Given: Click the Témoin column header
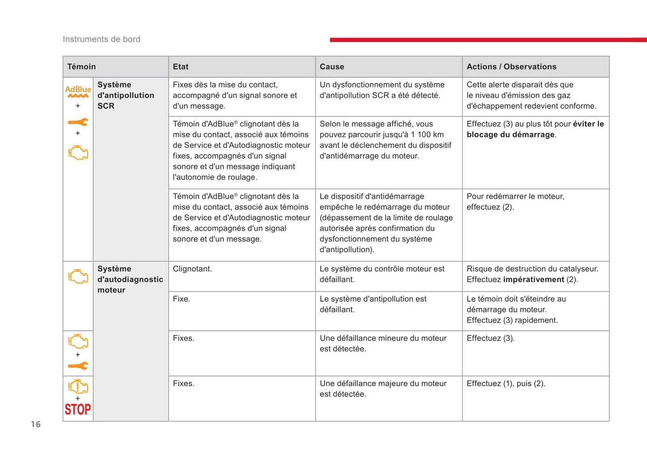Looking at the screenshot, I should tap(81, 67).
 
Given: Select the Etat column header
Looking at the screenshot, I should tap(180, 67).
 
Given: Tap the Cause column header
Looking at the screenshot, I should tap(332, 67).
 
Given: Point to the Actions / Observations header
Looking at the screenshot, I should tap(511, 67).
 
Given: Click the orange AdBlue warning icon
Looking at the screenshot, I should tap(78, 91).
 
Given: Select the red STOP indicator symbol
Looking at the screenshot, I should tap(78, 409).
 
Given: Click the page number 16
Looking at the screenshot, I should tap(36, 424).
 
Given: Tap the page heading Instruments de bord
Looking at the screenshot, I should tap(102, 39).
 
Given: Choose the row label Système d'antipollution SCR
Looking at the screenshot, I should tap(125, 95).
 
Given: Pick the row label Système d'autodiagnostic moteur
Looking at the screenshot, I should tap(130, 279).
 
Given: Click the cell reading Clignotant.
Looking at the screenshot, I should tap(193, 269).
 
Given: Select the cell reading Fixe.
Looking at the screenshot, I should tap(181, 299).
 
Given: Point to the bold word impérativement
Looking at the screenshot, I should tap(533, 280).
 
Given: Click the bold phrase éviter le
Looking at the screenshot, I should tap(588, 124).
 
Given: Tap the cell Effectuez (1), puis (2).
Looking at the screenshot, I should tap(506, 384).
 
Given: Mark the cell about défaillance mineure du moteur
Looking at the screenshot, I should tap(383, 344).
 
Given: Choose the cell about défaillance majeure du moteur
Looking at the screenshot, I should tap(383, 389).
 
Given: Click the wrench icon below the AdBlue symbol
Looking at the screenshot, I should tap(78, 122).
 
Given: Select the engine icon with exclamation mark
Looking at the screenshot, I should tap(78, 386).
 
